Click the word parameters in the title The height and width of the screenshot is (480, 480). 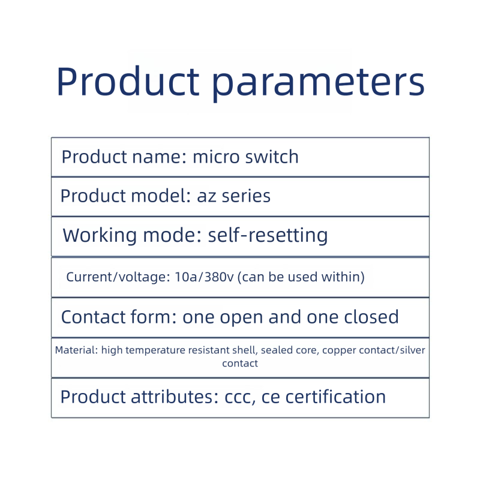click(318, 83)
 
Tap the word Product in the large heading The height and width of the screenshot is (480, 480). click(128, 81)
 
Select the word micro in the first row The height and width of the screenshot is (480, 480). click(216, 157)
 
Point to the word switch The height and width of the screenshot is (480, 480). click(272, 157)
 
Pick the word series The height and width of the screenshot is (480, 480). click(246, 196)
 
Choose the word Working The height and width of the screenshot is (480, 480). click(100, 236)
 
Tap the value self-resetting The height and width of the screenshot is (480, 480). click(268, 236)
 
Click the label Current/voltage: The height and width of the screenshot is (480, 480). click(118, 277)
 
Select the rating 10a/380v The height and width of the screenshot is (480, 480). click(204, 277)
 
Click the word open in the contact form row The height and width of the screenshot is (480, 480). click(241, 317)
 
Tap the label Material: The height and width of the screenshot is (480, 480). click(77, 350)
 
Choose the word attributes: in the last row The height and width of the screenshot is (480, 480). click(175, 397)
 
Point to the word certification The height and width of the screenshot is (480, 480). click(335, 397)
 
